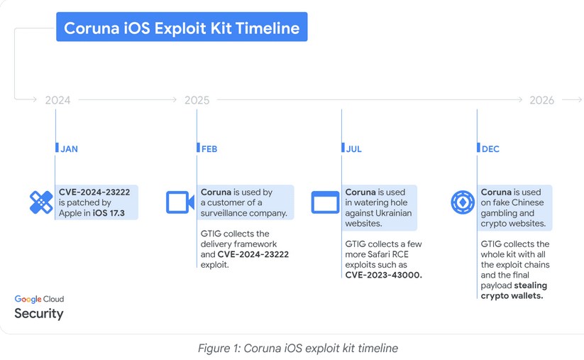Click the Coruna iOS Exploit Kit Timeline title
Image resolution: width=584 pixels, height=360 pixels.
(182, 28)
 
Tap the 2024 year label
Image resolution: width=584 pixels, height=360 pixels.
(57, 100)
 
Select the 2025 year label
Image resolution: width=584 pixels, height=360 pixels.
(197, 100)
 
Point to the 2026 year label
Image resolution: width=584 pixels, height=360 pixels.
(542, 100)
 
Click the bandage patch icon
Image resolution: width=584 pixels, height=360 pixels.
(41, 203)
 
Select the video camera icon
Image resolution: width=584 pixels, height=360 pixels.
(180, 202)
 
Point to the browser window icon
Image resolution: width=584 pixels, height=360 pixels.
(325, 202)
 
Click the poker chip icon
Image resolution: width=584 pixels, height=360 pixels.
(463, 202)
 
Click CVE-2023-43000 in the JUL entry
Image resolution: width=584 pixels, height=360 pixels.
(383, 275)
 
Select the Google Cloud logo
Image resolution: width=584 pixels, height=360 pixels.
(39, 299)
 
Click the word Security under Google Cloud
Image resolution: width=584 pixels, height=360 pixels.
(39, 313)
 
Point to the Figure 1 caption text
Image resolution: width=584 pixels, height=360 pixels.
(298, 348)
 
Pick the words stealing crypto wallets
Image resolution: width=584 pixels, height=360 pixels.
(514, 290)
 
